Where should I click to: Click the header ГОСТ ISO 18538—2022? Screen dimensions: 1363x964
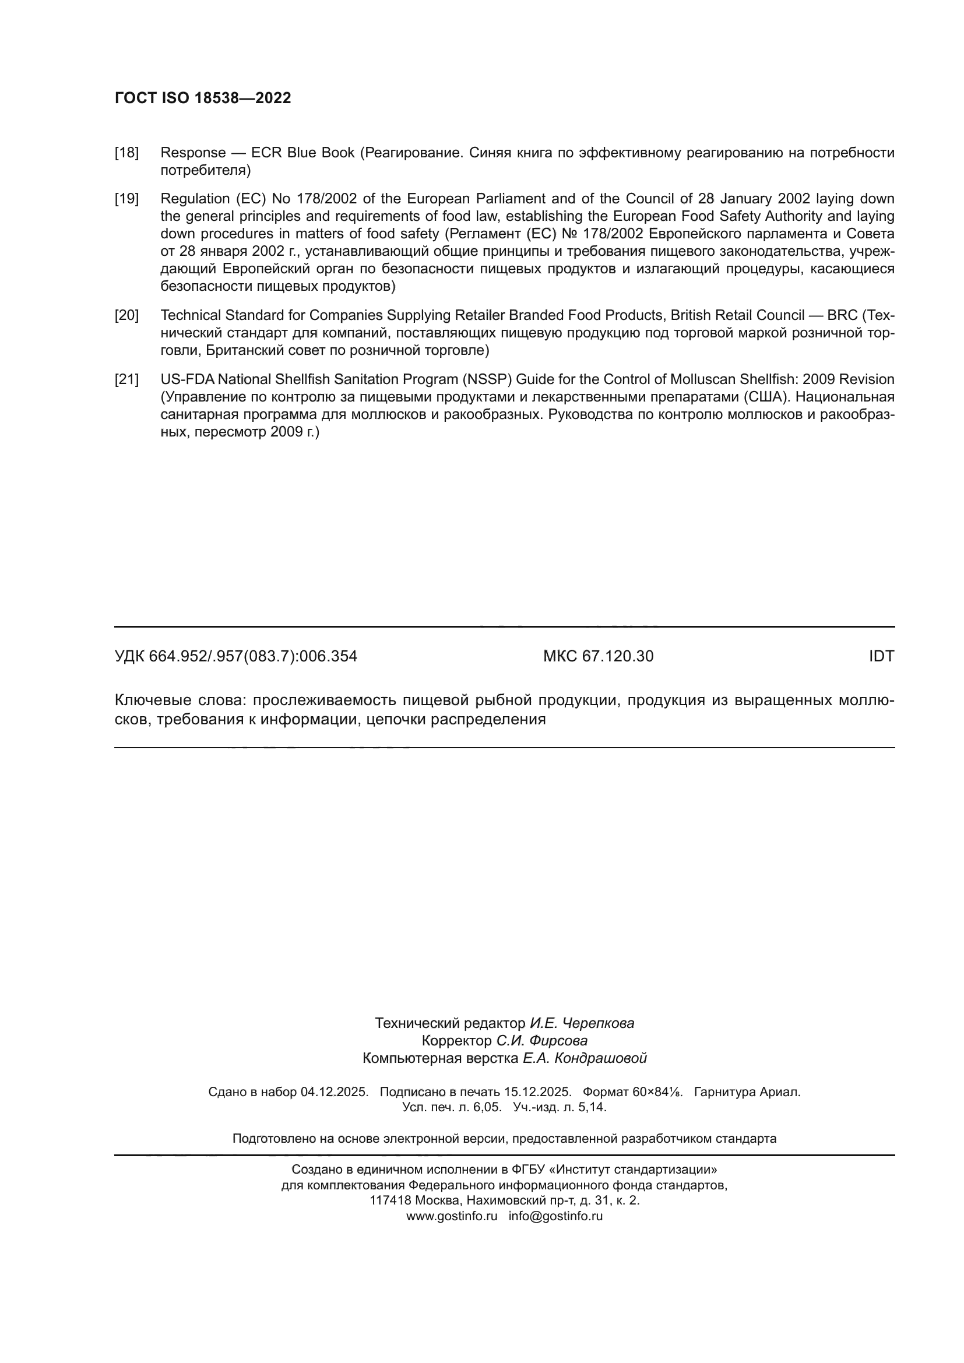(202, 98)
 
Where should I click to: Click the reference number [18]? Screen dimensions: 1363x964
(126, 153)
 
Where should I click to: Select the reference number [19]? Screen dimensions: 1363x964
(126, 199)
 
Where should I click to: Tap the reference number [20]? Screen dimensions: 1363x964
(126, 315)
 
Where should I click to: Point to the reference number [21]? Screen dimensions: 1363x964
(126, 379)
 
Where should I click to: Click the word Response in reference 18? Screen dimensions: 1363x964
(193, 153)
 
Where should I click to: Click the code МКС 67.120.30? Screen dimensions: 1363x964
(598, 657)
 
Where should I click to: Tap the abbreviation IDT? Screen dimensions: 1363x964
(881, 657)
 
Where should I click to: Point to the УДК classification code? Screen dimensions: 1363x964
(235, 657)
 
